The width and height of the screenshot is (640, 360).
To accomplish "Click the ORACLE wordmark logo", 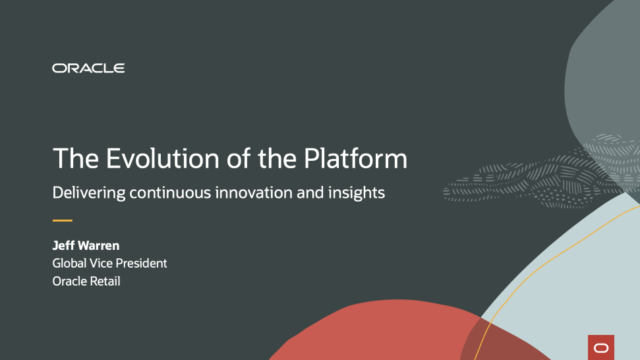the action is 88,68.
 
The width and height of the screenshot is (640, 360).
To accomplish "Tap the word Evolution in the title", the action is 162,158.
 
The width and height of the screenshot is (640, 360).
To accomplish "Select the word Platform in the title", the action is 355,158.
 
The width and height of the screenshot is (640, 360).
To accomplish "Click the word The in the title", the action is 76,158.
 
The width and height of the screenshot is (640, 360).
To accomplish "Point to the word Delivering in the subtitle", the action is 88,193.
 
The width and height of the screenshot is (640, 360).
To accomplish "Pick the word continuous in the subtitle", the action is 170,193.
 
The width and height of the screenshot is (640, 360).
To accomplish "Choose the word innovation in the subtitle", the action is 254,193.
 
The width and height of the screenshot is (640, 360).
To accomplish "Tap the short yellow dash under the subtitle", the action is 63,220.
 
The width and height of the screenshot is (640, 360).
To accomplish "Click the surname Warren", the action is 98,246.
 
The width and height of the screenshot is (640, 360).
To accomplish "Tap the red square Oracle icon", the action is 601,347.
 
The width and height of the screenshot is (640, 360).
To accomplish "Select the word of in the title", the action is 239,158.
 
